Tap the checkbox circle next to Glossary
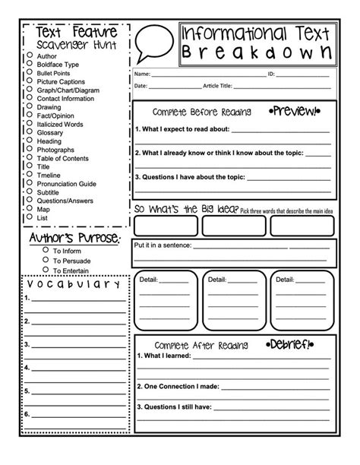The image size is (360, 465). tap(29, 132)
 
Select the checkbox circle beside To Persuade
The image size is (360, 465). tap(46, 259)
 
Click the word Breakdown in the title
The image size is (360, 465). tap(257, 52)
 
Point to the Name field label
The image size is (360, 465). tap(142, 74)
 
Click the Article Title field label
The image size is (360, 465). tap(221, 87)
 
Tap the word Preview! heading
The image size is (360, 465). tap(292, 112)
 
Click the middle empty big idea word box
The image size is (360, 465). tap(235, 226)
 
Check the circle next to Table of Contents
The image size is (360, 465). tap(29, 158)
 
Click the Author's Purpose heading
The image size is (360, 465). tap(74, 239)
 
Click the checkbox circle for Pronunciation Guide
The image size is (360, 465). tap(29, 183)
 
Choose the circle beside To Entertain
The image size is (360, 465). tap(46, 270)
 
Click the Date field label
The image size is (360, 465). tap(141, 87)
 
